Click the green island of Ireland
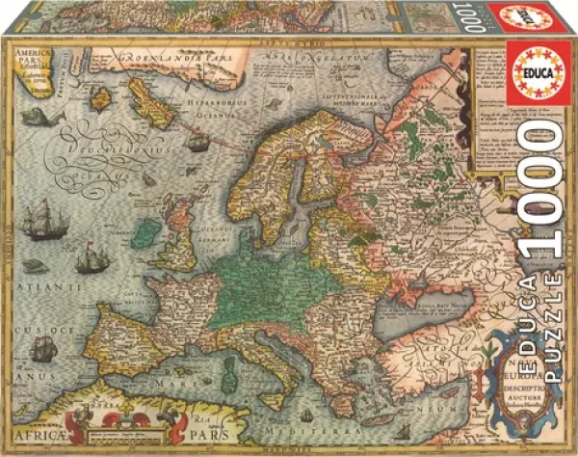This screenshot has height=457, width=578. tap(148, 233)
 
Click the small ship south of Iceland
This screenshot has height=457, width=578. tap(197, 143)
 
